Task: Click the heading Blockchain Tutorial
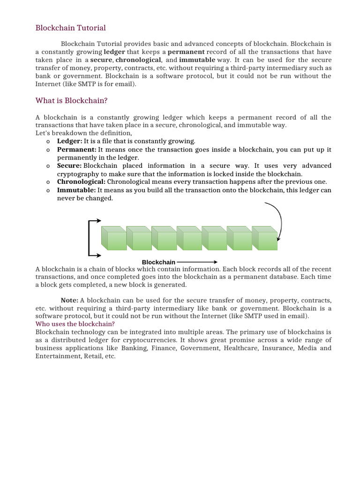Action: point(71,28)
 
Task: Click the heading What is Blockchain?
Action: point(72,100)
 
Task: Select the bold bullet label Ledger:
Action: point(69,141)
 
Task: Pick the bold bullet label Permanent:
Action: point(77,150)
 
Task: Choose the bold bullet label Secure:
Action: point(69,166)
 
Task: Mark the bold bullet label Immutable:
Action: point(76,190)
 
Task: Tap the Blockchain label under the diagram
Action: point(158,262)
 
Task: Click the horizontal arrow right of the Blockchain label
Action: point(197,262)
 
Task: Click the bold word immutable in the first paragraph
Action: point(197,60)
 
